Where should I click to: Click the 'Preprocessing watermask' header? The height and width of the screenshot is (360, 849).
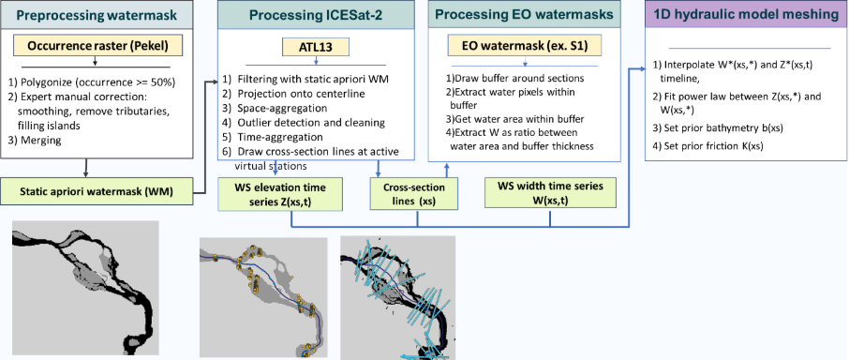(x=97, y=15)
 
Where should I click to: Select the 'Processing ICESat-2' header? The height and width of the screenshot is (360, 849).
(x=316, y=15)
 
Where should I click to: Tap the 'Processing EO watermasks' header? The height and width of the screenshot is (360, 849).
(x=525, y=15)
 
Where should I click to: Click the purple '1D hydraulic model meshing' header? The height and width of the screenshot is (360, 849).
(x=747, y=15)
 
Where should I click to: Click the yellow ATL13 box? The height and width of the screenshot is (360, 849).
(x=316, y=47)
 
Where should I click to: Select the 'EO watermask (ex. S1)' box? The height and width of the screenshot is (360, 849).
(x=524, y=47)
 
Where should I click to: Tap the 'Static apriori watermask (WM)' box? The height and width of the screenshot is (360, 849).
(x=96, y=190)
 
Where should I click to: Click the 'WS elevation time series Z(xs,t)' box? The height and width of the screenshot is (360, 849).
(x=280, y=195)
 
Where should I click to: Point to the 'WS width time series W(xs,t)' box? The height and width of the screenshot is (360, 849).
(x=550, y=193)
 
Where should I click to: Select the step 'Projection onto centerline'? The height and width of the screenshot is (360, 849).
(x=302, y=93)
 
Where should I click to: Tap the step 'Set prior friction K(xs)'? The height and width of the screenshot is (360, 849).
(x=707, y=145)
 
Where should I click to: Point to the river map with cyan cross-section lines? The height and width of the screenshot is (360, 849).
(x=397, y=298)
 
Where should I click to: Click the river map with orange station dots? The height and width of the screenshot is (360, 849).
(x=263, y=296)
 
